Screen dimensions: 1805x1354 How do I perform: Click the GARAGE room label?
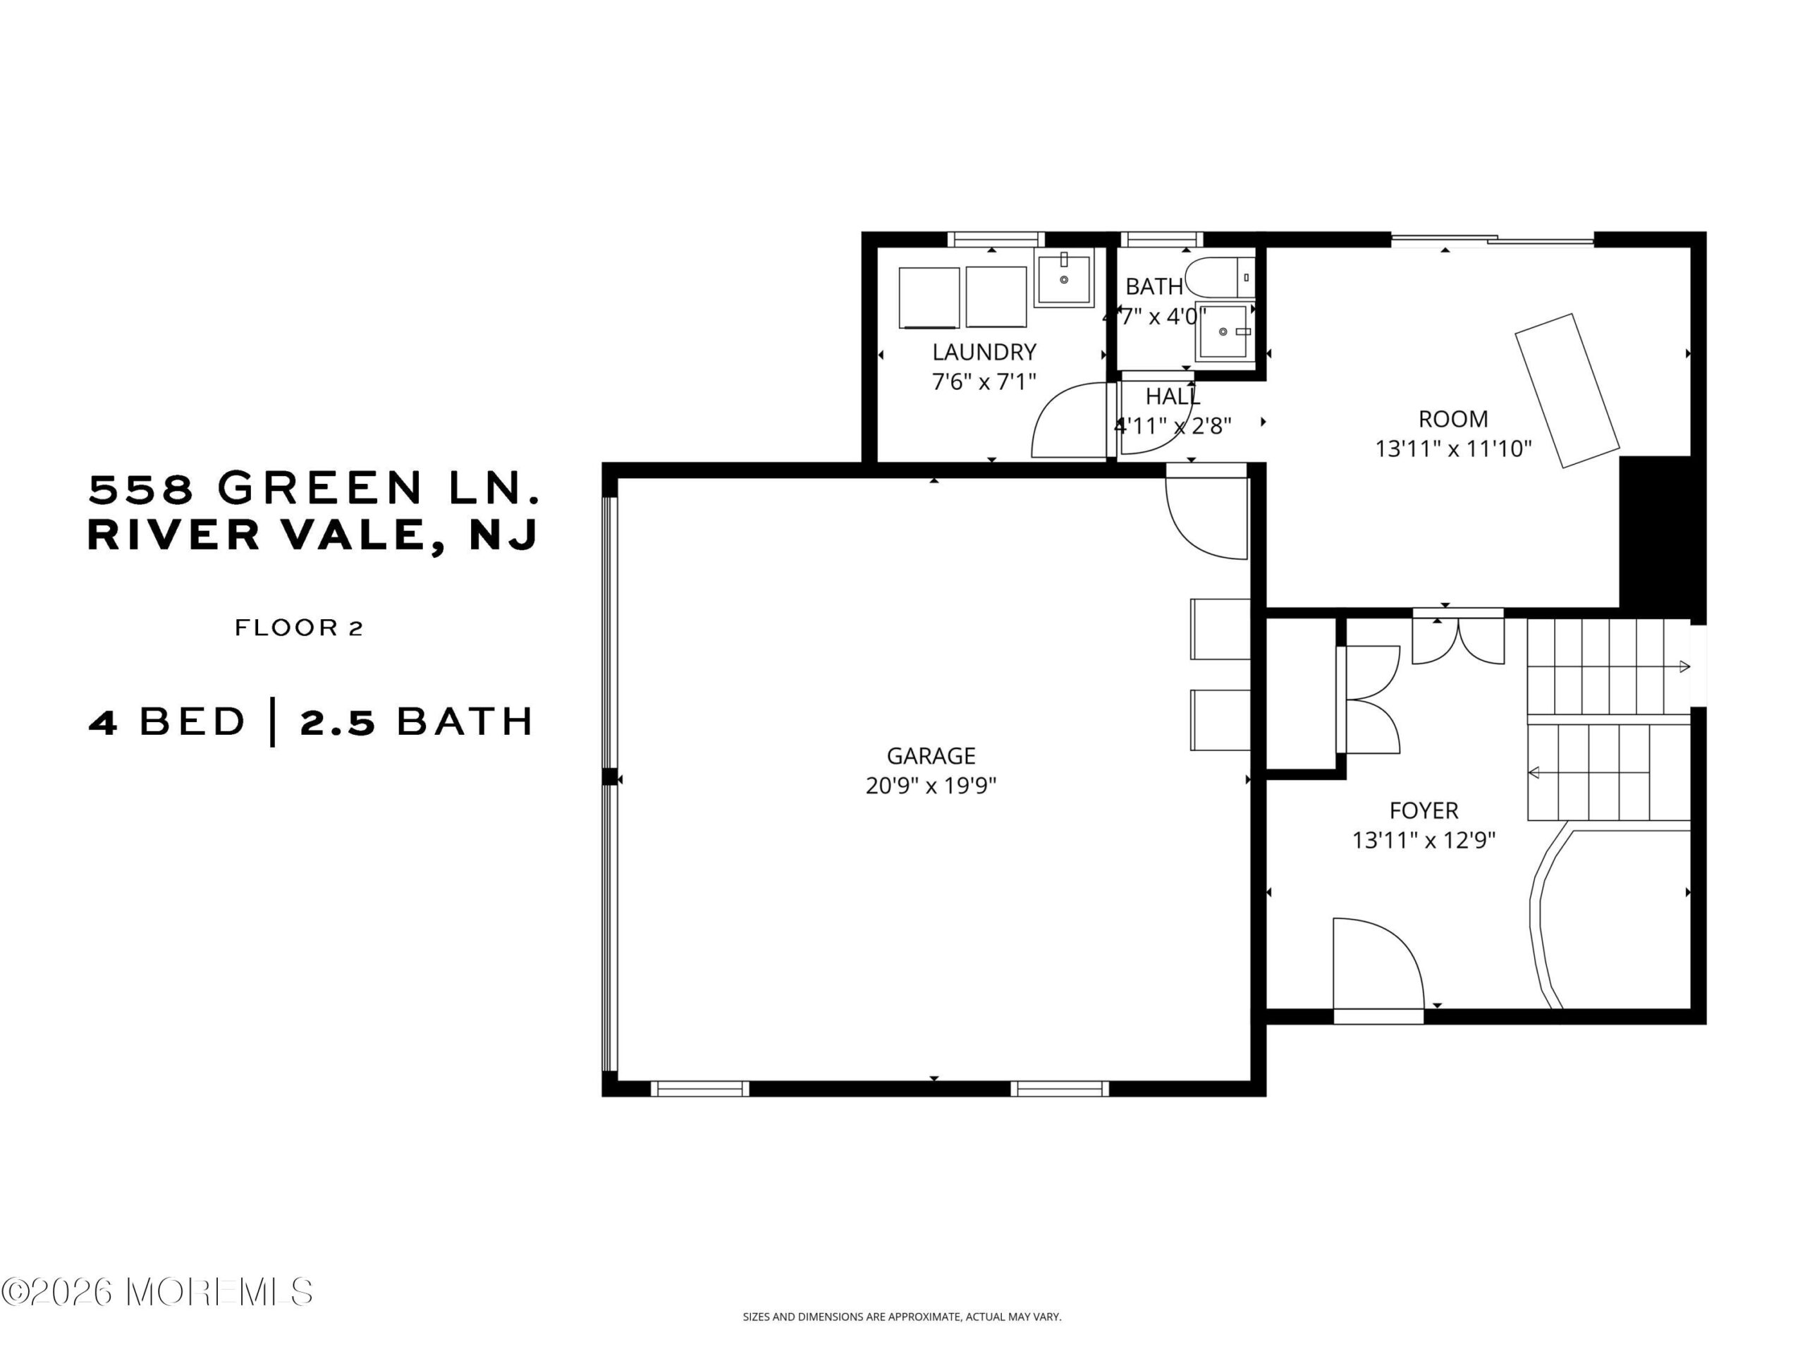point(931,756)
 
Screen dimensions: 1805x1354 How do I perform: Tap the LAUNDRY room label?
point(984,352)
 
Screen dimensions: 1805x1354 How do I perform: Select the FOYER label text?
point(1424,810)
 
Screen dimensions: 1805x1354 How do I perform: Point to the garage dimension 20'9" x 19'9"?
point(931,785)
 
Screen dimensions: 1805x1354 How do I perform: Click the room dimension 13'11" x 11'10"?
point(1453,448)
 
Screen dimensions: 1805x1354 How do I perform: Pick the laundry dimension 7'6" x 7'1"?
point(984,381)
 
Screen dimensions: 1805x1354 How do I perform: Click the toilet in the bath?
point(1220,277)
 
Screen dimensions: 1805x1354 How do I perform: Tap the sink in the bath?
point(1224,331)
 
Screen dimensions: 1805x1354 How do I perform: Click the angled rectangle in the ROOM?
point(1567,391)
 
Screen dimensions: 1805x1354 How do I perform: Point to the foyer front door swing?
point(1378,963)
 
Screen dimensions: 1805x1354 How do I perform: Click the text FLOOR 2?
point(299,628)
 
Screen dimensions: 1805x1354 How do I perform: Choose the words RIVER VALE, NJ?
point(312,535)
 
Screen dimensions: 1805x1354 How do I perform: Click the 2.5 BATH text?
point(416,722)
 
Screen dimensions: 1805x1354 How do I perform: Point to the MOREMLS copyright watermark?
point(157,1292)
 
